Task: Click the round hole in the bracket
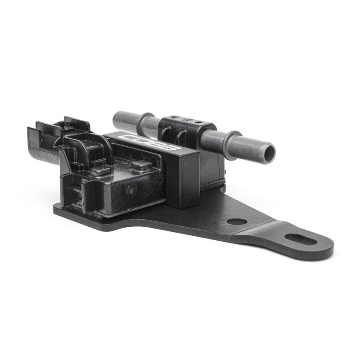point(236,221)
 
